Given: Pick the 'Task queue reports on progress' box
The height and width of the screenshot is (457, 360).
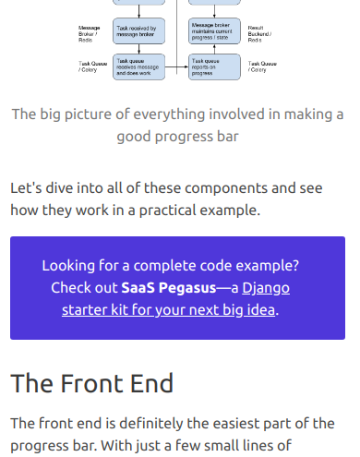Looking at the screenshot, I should (x=215, y=66).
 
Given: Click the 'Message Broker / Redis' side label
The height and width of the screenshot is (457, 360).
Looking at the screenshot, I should (x=90, y=34).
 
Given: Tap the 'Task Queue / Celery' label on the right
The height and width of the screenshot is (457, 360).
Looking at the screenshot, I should (x=258, y=66).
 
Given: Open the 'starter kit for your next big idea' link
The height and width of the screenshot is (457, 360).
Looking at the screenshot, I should (x=169, y=309).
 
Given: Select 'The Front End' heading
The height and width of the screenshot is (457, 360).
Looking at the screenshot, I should (x=92, y=382).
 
